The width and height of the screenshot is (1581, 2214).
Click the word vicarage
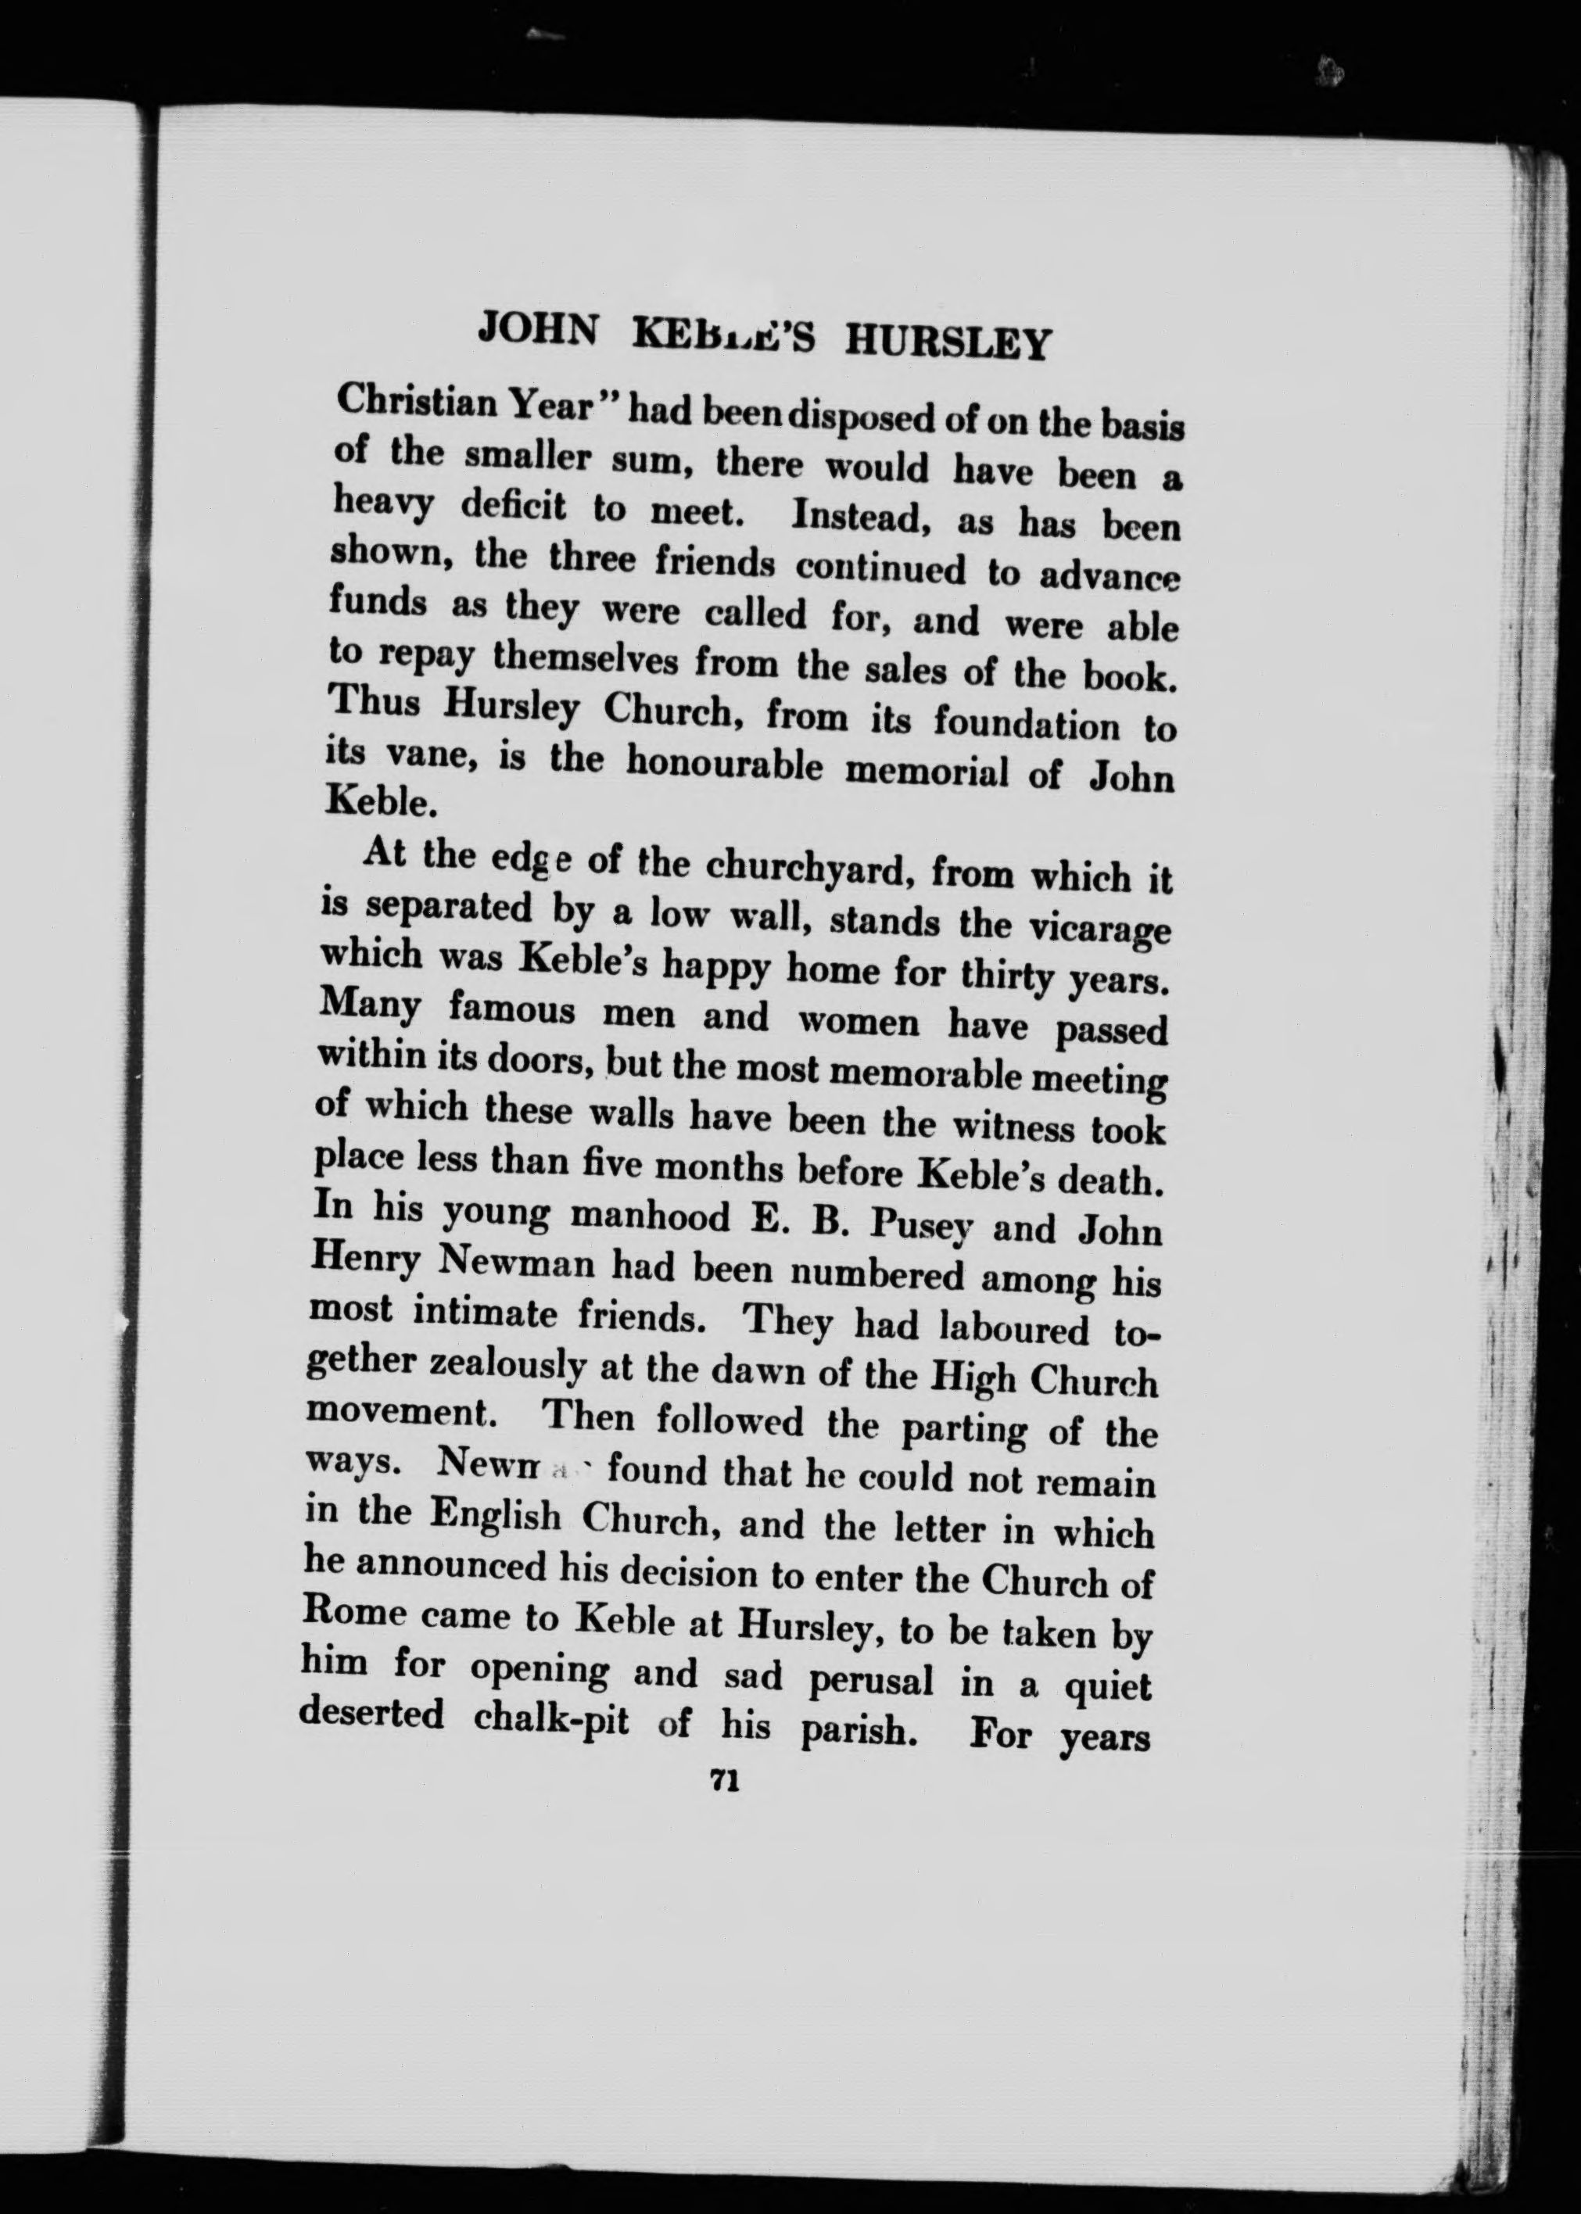pos(1100,929)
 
